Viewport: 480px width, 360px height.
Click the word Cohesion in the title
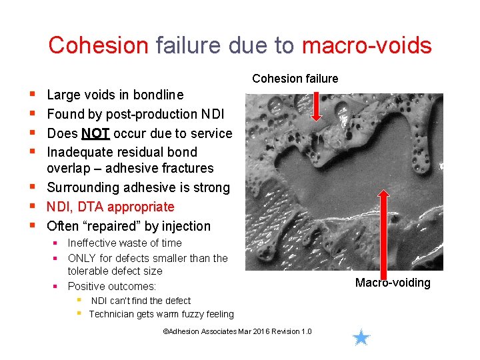point(98,45)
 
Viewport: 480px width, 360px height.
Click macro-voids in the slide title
point(367,45)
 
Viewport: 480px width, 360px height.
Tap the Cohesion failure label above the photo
point(295,79)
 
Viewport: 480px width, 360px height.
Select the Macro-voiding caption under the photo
point(393,283)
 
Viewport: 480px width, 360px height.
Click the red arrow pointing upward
point(383,227)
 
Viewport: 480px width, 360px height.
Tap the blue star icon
point(361,337)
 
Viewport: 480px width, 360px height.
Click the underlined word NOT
point(95,133)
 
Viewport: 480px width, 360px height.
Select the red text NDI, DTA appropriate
point(110,207)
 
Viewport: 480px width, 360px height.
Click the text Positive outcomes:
point(112,286)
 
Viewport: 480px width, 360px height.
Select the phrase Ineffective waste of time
point(124,243)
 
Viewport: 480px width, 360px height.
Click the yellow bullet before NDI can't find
point(79,300)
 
